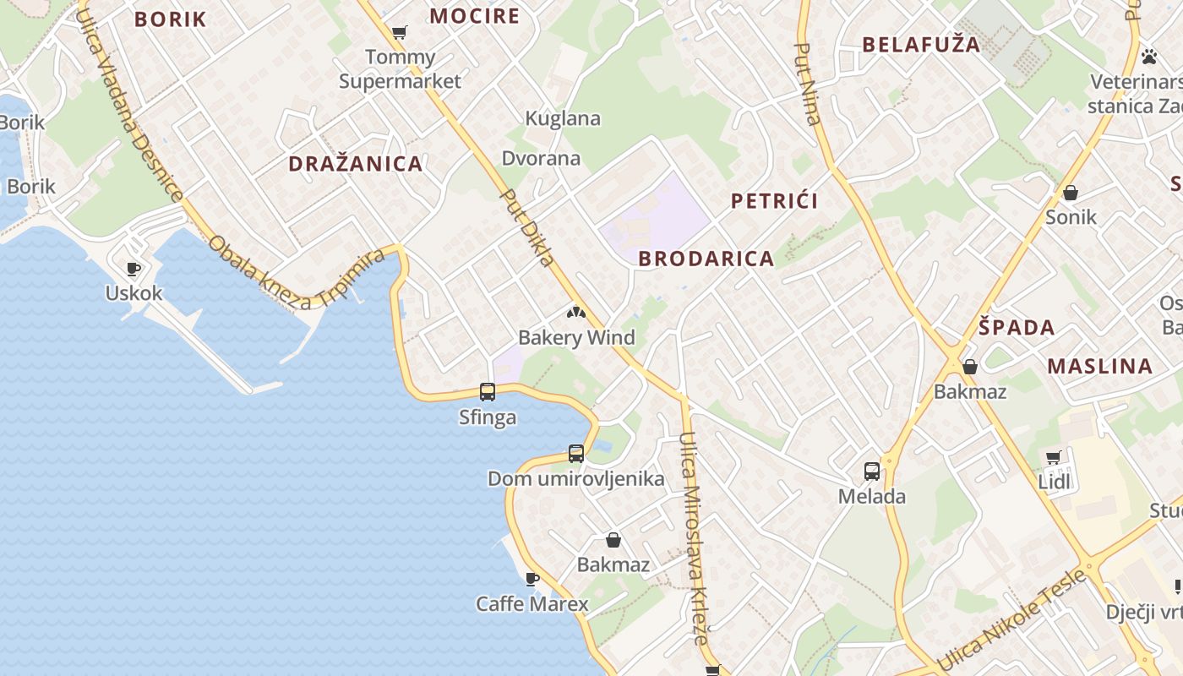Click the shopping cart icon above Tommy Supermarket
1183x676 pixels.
pyautogui.click(x=400, y=33)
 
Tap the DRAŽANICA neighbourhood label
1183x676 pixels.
pyautogui.click(x=356, y=164)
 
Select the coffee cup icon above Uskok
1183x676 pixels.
pyautogui.click(x=134, y=269)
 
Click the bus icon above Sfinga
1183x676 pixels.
pyautogui.click(x=488, y=391)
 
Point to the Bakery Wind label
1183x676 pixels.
pyautogui.click(x=576, y=338)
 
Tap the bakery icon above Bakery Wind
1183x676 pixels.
pyautogui.click(x=576, y=313)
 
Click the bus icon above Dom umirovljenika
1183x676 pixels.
pyautogui.click(x=576, y=453)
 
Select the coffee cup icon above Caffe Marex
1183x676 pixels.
pyautogui.click(x=532, y=579)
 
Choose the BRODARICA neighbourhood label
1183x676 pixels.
pyautogui.click(x=706, y=259)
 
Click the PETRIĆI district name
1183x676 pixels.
pyautogui.click(x=774, y=201)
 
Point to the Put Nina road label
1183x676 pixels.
pyautogui.click(x=809, y=84)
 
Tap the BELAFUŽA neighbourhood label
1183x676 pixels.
pyautogui.click(x=921, y=45)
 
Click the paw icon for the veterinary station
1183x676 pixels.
pyautogui.click(x=1149, y=57)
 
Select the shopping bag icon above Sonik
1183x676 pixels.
pyautogui.click(x=1071, y=193)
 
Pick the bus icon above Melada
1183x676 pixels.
pyautogui.click(x=872, y=471)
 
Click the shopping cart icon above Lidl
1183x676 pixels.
pyautogui.click(x=1054, y=457)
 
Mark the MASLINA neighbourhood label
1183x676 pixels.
pyautogui.click(x=1100, y=366)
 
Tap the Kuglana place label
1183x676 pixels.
pyautogui.click(x=563, y=118)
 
